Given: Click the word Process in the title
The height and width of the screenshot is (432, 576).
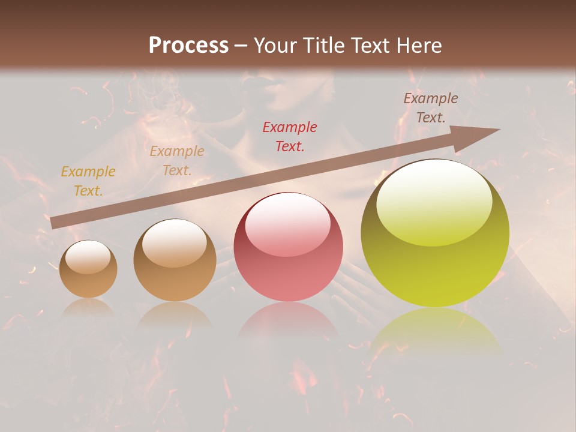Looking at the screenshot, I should (188, 46).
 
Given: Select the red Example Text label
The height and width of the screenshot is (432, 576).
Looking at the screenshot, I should (290, 136).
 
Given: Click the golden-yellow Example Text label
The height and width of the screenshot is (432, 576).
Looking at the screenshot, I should (88, 181).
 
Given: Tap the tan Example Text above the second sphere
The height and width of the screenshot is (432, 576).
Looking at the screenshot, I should (177, 161).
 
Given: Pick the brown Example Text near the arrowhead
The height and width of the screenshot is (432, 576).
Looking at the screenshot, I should (431, 108).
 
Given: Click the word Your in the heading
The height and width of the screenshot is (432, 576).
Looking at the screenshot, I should (274, 46).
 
